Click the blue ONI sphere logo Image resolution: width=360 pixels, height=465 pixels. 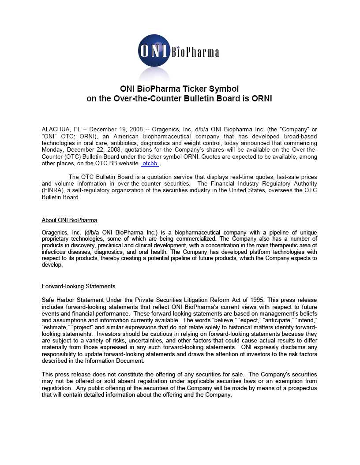click(154, 52)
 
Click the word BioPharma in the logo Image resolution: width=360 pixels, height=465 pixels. click(195, 53)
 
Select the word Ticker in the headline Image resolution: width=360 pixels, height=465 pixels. click(192, 89)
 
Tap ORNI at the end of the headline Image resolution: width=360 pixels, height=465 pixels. click(262, 98)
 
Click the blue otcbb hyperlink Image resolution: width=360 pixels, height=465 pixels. click(150, 164)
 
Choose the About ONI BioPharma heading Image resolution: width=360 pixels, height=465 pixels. click(69, 220)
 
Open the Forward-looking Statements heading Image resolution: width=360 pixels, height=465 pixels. click(79, 286)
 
